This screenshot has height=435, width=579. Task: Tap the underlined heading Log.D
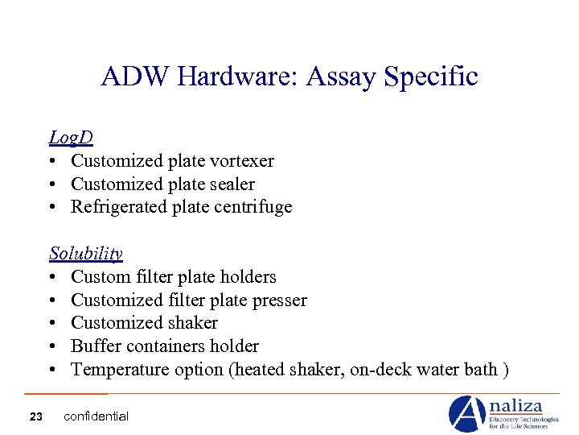click(71, 138)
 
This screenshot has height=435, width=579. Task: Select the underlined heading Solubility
click(85, 254)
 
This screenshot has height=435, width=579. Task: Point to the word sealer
click(230, 184)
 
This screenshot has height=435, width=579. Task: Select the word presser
click(278, 300)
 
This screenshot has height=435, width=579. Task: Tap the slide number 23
click(35, 416)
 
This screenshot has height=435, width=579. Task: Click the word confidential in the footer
click(96, 416)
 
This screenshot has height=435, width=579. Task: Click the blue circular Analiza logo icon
click(466, 413)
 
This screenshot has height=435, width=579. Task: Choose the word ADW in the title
click(135, 77)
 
